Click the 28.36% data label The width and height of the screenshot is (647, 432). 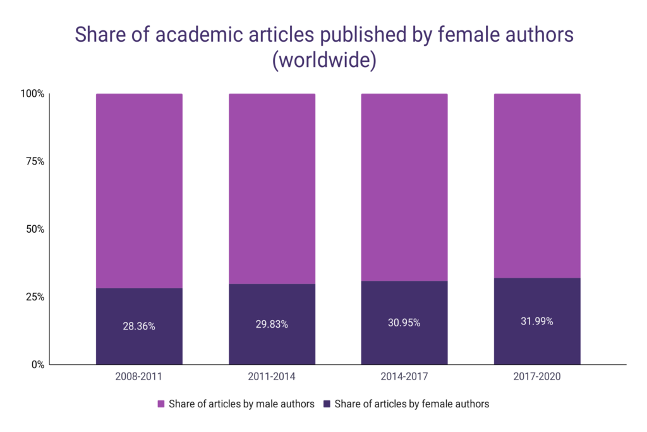point(139,327)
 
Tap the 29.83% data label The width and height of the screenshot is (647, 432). point(272,324)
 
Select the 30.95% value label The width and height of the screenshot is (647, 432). point(404,323)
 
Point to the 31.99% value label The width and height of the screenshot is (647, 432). point(537,321)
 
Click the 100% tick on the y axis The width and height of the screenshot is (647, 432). point(32,94)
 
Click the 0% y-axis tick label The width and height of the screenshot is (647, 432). point(37,364)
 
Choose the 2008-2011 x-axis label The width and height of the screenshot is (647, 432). point(139,377)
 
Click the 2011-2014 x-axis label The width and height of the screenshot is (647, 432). point(272,377)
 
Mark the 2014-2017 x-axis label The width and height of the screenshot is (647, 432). point(404,377)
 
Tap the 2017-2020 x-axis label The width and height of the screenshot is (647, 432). point(537,377)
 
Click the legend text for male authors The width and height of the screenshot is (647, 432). point(241,404)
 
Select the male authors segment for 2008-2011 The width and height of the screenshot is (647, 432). point(139,190)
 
